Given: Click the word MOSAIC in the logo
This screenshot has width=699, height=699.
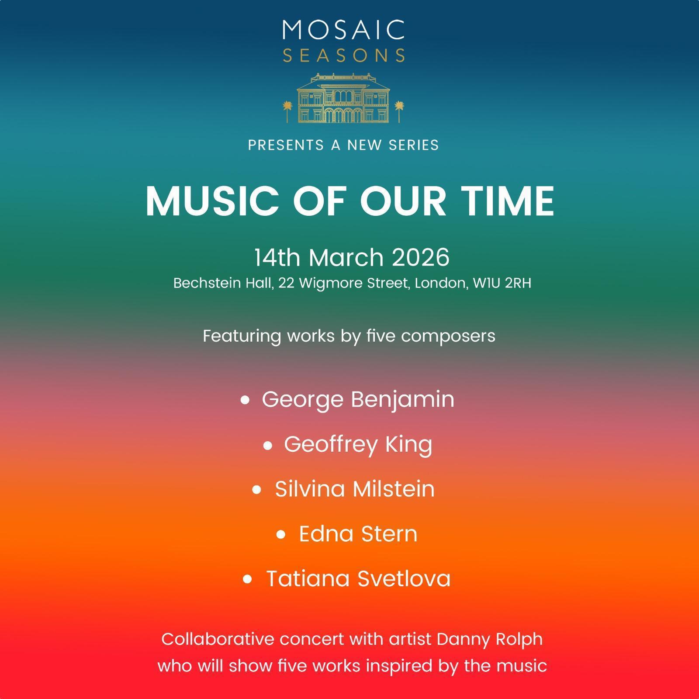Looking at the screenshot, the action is coord(343,30).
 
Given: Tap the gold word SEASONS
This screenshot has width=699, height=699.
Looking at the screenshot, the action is coord(343,55).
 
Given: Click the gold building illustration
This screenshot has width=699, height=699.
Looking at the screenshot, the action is coord(343,98).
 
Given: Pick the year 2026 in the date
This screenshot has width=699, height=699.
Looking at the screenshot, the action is coord(420,257).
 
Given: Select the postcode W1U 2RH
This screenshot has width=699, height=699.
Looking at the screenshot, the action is coord(502,283).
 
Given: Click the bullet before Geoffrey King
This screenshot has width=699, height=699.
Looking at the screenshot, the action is coord(268,446).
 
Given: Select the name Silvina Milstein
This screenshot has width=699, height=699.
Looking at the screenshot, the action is coord(355,489).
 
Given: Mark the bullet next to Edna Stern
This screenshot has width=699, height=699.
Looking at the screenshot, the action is coord(281,534).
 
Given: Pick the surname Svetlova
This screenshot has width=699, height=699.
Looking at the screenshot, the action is coord(404,578).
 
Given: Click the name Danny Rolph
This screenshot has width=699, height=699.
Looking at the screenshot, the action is coord(490,640).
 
